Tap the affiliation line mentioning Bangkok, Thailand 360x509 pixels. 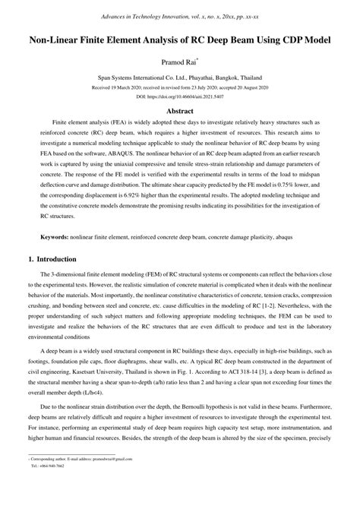coord(180,77)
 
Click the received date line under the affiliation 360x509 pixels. coord(180,87)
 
